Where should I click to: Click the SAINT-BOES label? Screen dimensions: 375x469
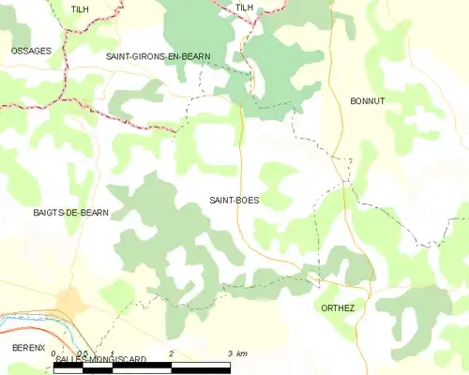click(234, 201)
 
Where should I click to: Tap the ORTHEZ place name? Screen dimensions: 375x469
click(338, 307)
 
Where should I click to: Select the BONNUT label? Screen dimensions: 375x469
click(367, 100)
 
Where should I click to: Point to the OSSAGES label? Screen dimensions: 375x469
click(31, 51)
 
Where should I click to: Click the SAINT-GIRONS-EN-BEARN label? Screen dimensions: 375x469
click(158, 57)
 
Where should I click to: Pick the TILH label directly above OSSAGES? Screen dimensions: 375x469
click(81, 8)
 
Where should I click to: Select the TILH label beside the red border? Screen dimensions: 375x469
click(245, 7)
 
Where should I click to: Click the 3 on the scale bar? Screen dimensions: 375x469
click(229, 352)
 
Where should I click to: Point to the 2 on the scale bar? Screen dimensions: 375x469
click(171, 352)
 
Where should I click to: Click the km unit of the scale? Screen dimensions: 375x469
click(241, 352)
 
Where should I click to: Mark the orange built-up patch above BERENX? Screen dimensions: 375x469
click(69, 302)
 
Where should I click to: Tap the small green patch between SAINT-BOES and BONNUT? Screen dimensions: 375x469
click(278, 178)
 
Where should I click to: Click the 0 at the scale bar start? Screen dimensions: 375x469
click(53, 352)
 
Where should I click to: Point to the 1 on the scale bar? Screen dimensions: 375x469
click(112, 352)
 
